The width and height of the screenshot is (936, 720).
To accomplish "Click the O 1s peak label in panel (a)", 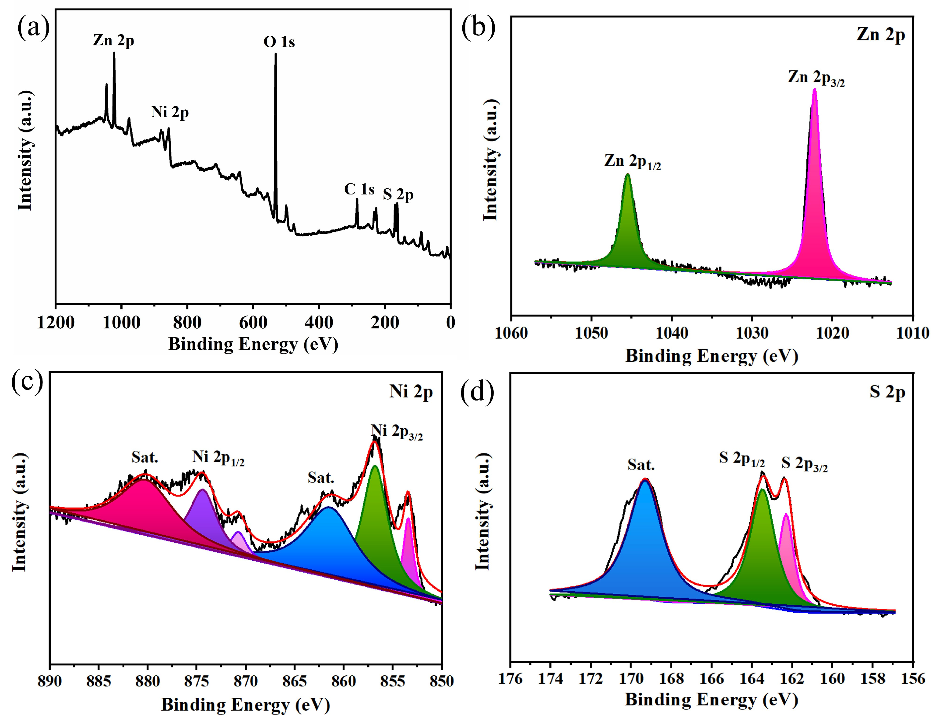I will [x=279, y=42].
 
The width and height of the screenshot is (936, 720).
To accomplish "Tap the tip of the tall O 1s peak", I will [x=275, y=55].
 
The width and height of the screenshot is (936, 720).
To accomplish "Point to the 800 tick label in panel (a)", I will [x=187, y=322].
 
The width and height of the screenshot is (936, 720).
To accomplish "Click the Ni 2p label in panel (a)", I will [x=170, y=112].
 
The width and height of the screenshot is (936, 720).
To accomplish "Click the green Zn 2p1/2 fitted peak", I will [x=628, y=231].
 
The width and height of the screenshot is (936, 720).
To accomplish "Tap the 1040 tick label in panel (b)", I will [x=672, y=333].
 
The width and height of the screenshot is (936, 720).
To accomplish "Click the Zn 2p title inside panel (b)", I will [x=880, y=34].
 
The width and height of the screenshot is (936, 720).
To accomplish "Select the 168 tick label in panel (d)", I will [x=671, y=679].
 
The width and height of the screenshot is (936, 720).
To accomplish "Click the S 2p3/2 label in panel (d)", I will [x=804, y=464].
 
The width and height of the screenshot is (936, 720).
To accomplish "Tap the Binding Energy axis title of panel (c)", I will [x=245, y=705].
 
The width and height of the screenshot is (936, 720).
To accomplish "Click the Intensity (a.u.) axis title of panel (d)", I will [x=483, y=512].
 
